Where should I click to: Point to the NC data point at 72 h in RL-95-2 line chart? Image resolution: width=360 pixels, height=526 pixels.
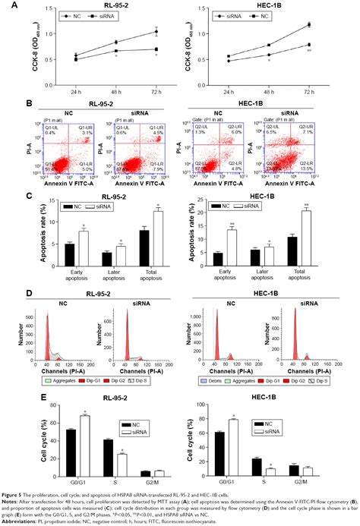click(155, 31)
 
